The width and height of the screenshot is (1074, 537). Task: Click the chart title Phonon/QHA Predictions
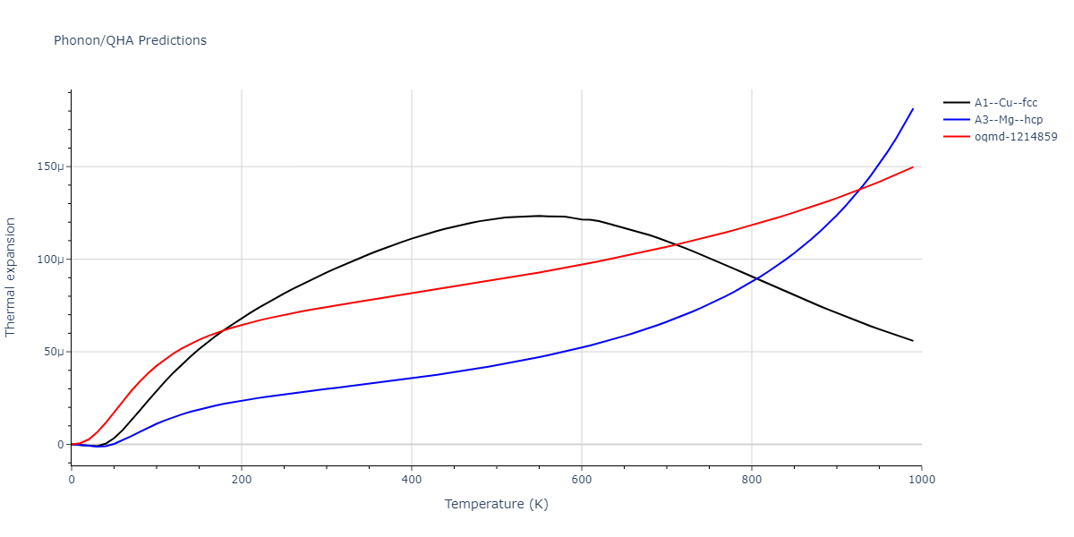(130, 40)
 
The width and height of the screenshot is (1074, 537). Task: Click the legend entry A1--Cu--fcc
(1006, 102)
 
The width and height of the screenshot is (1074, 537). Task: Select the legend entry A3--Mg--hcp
(1007, 119)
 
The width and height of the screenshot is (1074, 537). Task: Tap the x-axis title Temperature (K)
(497, 504)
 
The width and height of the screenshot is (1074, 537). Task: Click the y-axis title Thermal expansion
(11, 277)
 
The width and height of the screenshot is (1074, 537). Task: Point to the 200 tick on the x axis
(242, 480)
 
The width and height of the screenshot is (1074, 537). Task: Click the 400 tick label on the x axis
(412, 480)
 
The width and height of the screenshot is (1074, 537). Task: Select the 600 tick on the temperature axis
(582, 480)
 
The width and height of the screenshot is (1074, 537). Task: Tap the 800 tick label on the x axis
(752, 480)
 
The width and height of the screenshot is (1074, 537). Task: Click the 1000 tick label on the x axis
(921, 480)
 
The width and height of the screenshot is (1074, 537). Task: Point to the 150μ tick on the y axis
(51, 166)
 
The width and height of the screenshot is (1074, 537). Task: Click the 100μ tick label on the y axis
(51, 260)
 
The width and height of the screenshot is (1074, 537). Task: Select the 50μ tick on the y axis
(54, 352)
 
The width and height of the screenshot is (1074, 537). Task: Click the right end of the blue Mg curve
(913, 108)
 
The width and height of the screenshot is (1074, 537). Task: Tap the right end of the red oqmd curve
(913, 166)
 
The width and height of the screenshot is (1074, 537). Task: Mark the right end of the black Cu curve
(913, 341)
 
